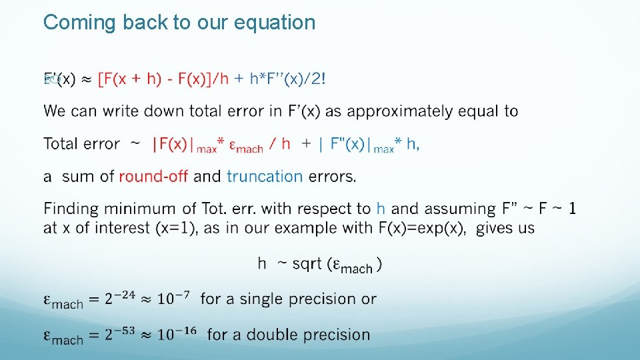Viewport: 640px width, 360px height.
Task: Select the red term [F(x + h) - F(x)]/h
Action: (x=163, y=79)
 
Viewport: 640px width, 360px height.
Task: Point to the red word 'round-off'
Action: (x=153, y=177)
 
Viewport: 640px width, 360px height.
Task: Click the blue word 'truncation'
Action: (x=265, y=177)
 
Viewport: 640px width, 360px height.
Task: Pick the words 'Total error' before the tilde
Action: (x=81, y=144)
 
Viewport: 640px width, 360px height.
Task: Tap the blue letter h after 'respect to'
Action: (x=381, y=209)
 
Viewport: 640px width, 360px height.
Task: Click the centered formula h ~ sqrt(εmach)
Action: (x=320, y=265)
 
